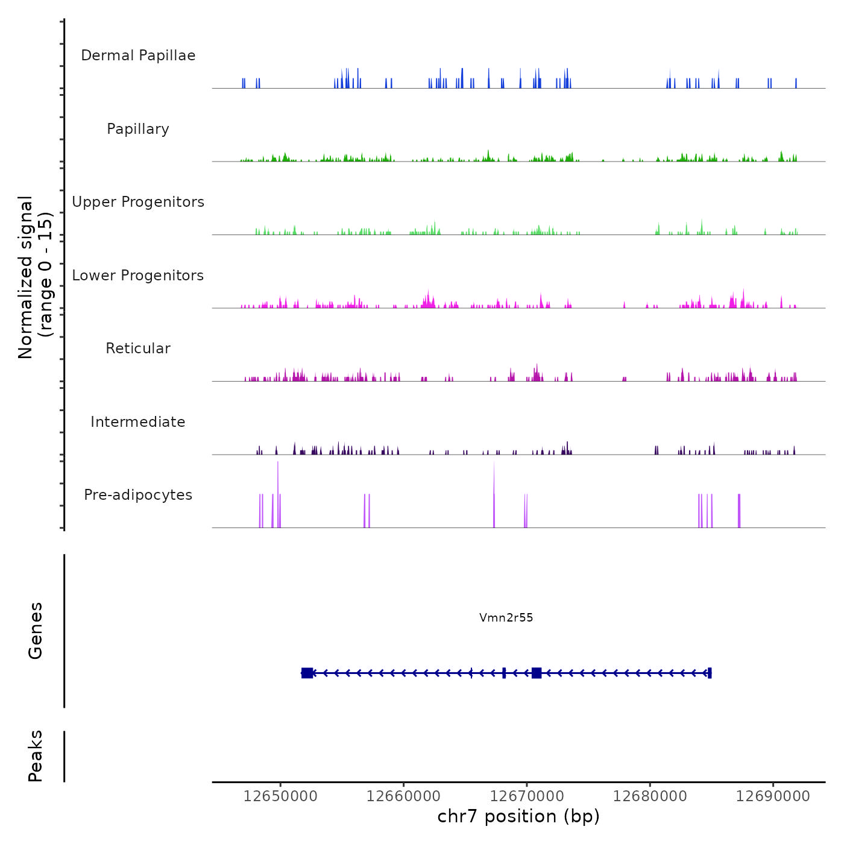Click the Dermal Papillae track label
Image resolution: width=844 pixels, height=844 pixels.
138,55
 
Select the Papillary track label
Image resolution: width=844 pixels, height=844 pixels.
138,129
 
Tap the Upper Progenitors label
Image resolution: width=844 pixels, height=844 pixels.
138,202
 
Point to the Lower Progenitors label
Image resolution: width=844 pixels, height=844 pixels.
138,276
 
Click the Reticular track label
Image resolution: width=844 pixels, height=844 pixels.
138,348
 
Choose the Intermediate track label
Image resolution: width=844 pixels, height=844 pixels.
138,422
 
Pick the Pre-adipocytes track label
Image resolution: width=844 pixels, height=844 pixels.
138,495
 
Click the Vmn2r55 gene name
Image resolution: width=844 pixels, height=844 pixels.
506,617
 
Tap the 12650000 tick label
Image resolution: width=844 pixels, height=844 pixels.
280,796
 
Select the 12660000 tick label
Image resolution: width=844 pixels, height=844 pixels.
403,796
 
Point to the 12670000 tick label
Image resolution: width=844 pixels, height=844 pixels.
527,796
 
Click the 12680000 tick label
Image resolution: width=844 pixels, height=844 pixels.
650,796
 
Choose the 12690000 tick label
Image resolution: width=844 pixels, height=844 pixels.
773,796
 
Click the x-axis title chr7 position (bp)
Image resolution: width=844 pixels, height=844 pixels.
518,817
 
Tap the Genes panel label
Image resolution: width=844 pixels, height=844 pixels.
36,631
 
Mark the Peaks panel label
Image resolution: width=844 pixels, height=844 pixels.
36,756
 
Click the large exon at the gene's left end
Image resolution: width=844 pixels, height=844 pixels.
307,673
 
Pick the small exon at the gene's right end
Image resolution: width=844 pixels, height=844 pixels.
710,673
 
